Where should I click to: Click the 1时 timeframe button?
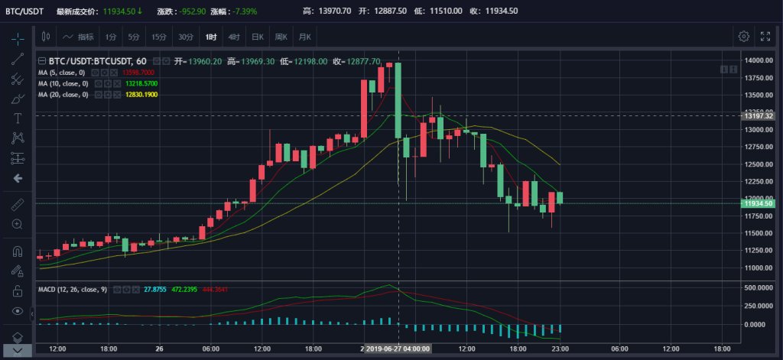210,36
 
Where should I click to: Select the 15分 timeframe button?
158,36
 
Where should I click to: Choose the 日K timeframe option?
257,36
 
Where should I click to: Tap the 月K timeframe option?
305,36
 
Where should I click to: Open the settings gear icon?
743,36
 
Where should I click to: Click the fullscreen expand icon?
765,36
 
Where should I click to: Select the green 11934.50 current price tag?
761,204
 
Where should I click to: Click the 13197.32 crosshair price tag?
761,115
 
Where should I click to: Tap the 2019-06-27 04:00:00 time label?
398,349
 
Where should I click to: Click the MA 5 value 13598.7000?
138,72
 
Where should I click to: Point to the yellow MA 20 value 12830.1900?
140,94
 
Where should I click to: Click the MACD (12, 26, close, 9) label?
73,290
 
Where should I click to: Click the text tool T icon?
18,118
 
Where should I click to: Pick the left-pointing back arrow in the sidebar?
18,178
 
